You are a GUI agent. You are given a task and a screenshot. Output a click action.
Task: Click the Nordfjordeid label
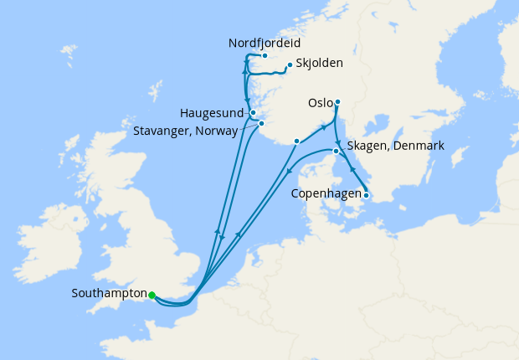point(264,44)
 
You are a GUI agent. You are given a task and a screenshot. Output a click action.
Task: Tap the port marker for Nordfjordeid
point(264,56)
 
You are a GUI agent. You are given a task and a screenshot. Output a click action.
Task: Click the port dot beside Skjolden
point(290,65)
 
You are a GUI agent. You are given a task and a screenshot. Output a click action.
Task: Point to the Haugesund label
point(213,112)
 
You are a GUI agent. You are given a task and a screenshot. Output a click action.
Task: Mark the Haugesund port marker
point(253,111)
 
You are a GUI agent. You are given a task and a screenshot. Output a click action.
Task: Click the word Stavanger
point(164,131)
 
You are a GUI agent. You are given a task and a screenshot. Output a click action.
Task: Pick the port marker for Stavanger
point(261,125)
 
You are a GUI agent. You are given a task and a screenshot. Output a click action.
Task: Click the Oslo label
point(320,103)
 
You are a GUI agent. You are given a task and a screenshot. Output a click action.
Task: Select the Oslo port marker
point(337,102)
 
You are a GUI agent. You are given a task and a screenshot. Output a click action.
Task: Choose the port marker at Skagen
point(336,152)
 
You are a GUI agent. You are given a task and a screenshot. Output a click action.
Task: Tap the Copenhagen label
point(326,194)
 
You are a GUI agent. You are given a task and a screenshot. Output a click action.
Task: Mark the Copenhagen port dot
point(365,196)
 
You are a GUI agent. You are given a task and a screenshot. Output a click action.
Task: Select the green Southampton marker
point(152,295)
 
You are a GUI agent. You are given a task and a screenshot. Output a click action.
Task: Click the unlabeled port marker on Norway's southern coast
point(296,141)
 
